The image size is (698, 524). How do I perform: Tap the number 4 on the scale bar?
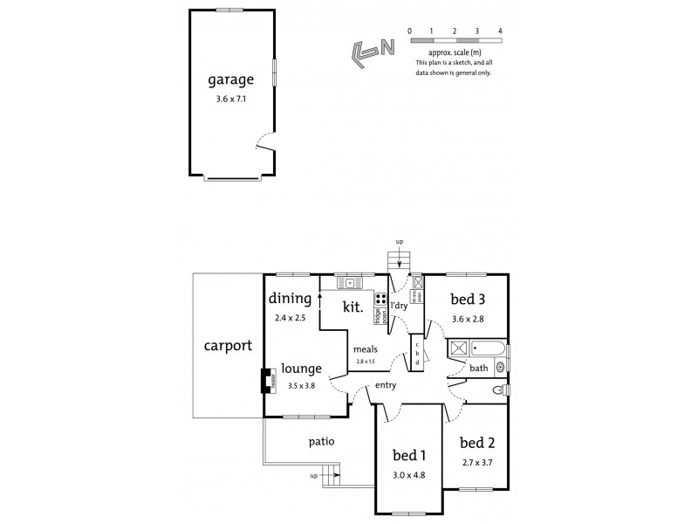(x=500, y=31)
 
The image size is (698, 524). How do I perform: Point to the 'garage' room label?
(x=230, y=80)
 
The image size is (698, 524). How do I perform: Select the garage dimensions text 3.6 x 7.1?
(x=230, y=100)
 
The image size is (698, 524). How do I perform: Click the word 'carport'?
(x=228, y=345)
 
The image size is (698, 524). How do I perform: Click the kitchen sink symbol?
(x=349, y=283)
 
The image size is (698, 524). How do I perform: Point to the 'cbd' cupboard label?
(x=417, y=353)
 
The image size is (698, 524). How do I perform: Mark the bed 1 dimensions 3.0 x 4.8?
(x=409, y=475)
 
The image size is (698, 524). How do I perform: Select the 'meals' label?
(x=365, y=349)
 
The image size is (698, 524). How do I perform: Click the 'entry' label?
(x=387, y=385)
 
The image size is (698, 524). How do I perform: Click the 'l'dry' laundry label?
(x=400, y=305)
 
